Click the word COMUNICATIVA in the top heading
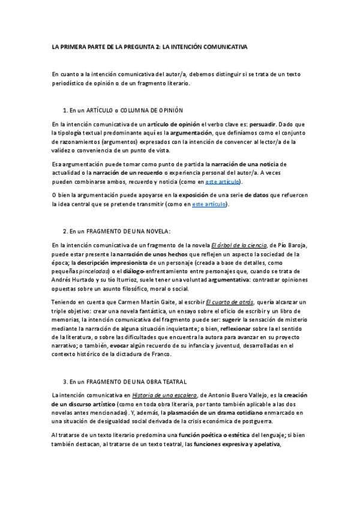pyautogui.click(x=221, y=46)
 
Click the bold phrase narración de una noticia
pyautogui.click(x=245, y=163)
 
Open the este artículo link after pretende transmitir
pyautogui.click(x=209, y=204)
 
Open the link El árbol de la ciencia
pyautogui.click(x=233, y=244)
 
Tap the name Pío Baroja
pyautogui.click(x=290, y=244)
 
